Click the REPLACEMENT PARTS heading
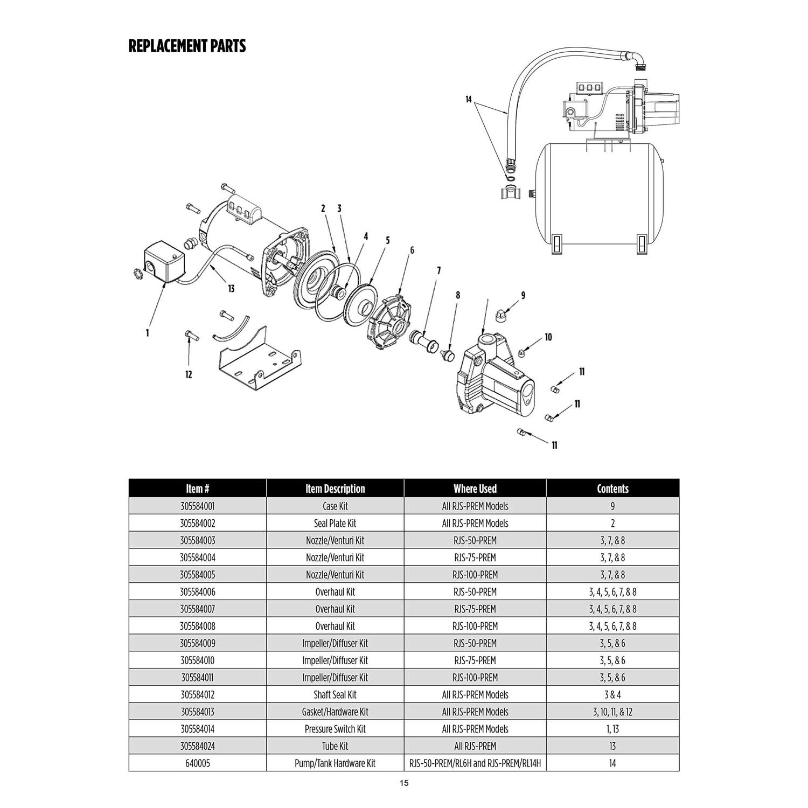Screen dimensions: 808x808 click(187, 46)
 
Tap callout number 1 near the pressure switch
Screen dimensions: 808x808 click(147, 333)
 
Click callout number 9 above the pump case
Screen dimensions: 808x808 click(523, 295)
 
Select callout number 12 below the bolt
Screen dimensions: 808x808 click(189, 374)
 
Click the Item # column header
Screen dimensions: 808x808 click(197, 489)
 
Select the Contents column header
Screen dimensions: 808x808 click(612, 489)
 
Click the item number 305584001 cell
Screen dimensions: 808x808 click(197, 506)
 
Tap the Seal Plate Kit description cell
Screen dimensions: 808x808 click(335, 523)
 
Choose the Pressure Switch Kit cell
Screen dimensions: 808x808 click(335, 729)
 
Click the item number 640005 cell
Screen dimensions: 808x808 click(197, 763)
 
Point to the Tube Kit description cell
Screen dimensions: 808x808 click(335, 746)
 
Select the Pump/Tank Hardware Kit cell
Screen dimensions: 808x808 click(335, 763)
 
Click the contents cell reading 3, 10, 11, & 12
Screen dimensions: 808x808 click(612, 712)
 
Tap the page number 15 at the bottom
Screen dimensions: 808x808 click(404, 783)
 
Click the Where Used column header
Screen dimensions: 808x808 click(475, 489)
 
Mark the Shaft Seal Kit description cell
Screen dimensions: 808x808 click(335, 694)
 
